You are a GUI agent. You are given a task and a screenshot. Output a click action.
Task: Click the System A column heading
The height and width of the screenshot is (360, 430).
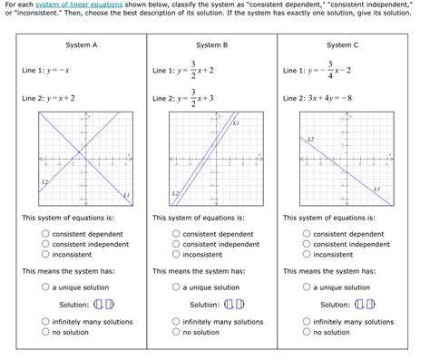tap(83, 44)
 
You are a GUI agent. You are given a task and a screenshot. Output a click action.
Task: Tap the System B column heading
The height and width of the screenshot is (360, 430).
tap(212, 44)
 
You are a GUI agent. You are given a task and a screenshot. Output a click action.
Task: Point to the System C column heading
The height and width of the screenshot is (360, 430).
tap(343, 44)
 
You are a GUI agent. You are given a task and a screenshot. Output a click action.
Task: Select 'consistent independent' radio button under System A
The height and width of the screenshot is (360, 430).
tap(45, 244)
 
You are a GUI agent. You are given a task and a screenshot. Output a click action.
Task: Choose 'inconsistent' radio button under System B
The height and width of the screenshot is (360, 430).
tap(176, 255)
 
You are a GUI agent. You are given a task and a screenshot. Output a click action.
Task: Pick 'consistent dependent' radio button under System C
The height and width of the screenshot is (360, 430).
tap(307, 234)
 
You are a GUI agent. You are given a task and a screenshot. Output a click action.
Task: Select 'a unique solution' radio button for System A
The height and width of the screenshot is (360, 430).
tap(45, 287)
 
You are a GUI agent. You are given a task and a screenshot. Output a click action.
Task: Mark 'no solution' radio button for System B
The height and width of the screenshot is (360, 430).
tap(176, 333)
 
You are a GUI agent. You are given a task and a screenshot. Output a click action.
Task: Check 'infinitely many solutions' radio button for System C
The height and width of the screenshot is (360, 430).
tap(307, 322)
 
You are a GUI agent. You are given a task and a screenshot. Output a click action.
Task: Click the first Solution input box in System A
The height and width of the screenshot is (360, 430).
tap(98, 305)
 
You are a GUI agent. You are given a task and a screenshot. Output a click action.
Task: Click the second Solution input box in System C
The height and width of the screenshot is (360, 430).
tap(371, 305)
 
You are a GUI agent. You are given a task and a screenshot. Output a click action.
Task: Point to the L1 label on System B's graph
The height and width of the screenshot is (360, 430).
tap(236, 122)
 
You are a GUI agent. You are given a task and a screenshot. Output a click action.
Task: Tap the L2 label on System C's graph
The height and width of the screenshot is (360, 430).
tap(311, 139)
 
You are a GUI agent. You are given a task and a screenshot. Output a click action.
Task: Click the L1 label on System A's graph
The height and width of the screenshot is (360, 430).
tap(125, 195)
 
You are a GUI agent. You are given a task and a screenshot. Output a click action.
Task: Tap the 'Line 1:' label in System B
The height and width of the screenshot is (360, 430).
tap(163, 70)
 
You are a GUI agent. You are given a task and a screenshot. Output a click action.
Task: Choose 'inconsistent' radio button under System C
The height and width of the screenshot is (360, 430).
tap(307, 255)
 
